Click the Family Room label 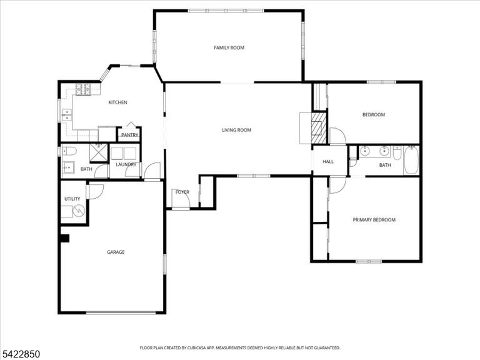(x=229, y=47)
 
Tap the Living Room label (x=236, y=130)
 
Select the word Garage (x=116, y=252)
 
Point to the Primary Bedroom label (x=374, y=220)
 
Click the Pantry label (x=130, y=135)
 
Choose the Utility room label (x=72, y=199)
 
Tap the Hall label (x=328, y=162)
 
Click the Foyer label (x=182, y=192)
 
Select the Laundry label (x=126, y=165)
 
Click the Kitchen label (x=118, y=102)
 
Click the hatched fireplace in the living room (x=318, y=128)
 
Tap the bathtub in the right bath (x=411, y=160)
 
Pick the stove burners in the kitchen (x=83, y=89)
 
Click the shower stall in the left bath (x=99, y=152)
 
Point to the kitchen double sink (x=67, y=115)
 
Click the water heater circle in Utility (x=79, y=211)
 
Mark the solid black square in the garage (x=65, y=239)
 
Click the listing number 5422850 (x=20, y=354)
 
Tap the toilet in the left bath (x=69, y=151)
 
